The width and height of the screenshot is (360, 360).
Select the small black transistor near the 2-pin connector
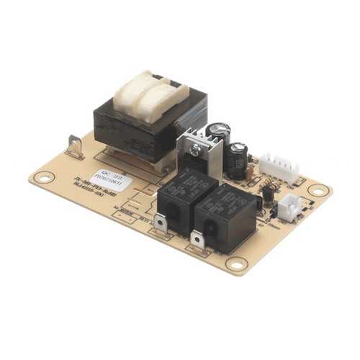(x=267, y=193)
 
